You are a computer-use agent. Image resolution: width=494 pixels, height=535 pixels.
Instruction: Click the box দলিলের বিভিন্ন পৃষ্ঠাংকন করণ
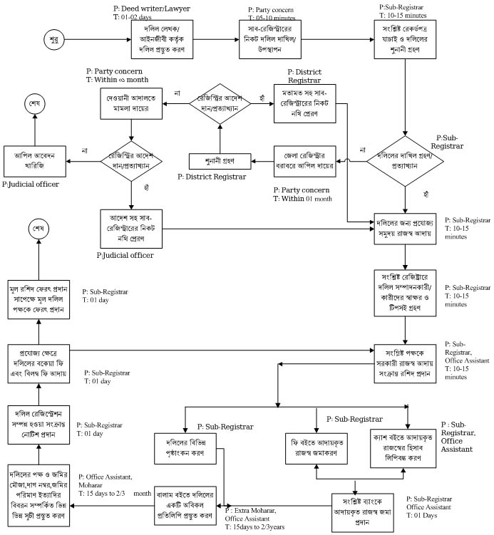pos(185,448)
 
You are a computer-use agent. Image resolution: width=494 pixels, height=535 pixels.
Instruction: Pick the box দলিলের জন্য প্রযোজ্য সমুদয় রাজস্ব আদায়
pos(406,227)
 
